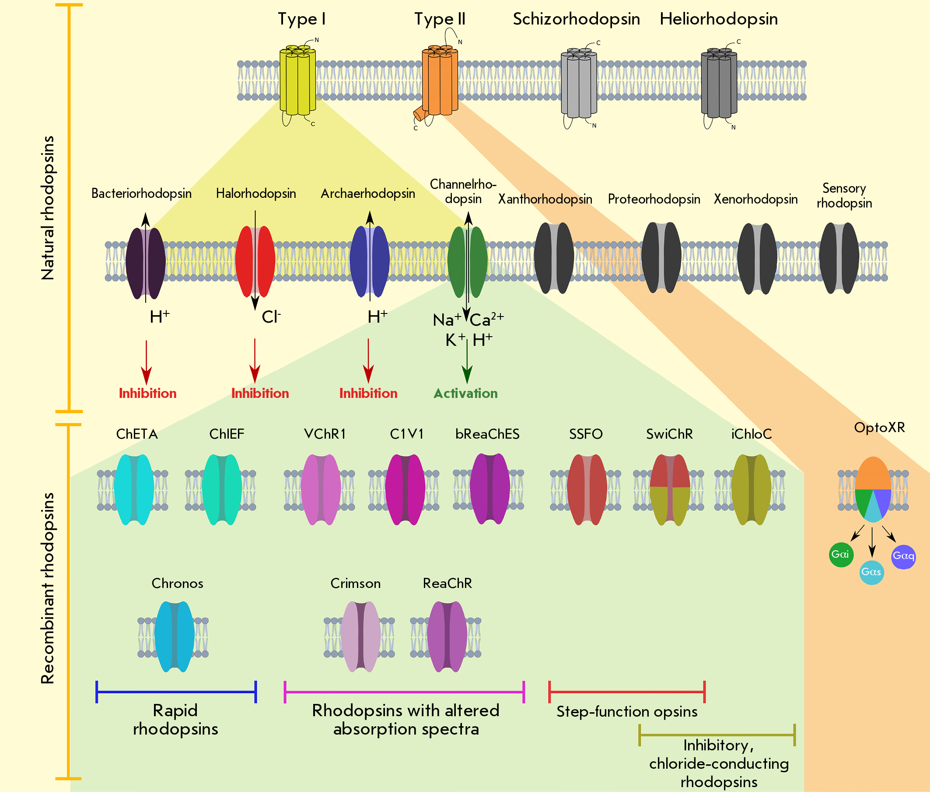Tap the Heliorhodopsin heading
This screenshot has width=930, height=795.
click(x=719, y=19)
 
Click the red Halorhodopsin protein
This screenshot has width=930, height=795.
click(x=255, y=261)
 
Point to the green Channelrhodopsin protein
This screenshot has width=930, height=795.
click(x=467, y=262)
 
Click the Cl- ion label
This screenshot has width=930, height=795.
click(x=271, y=317)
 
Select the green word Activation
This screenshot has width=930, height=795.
click(x=465, y=394)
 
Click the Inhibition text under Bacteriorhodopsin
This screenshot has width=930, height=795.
click(x=148, y=394)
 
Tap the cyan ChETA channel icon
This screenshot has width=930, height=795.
click(x=134, y=489)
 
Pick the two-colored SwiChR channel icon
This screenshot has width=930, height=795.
click(x=670, y=489)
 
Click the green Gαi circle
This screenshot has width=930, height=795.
click(x=841, y=555)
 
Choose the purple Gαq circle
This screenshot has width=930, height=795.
click(x=903, y=556)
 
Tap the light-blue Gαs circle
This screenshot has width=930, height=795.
click(x=872, y=572)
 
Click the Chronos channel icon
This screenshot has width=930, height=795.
click(x=174, y=637)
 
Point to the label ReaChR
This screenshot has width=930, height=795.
click(x=448, y=584)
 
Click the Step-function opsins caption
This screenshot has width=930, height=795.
click(x=627, y=711)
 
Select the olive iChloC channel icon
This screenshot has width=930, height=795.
click(x=751, y=489)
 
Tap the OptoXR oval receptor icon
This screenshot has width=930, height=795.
click(x=873, y=489)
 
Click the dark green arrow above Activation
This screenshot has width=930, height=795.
click(x=467, y=362)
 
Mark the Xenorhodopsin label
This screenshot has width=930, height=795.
click(x=756, y=199)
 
